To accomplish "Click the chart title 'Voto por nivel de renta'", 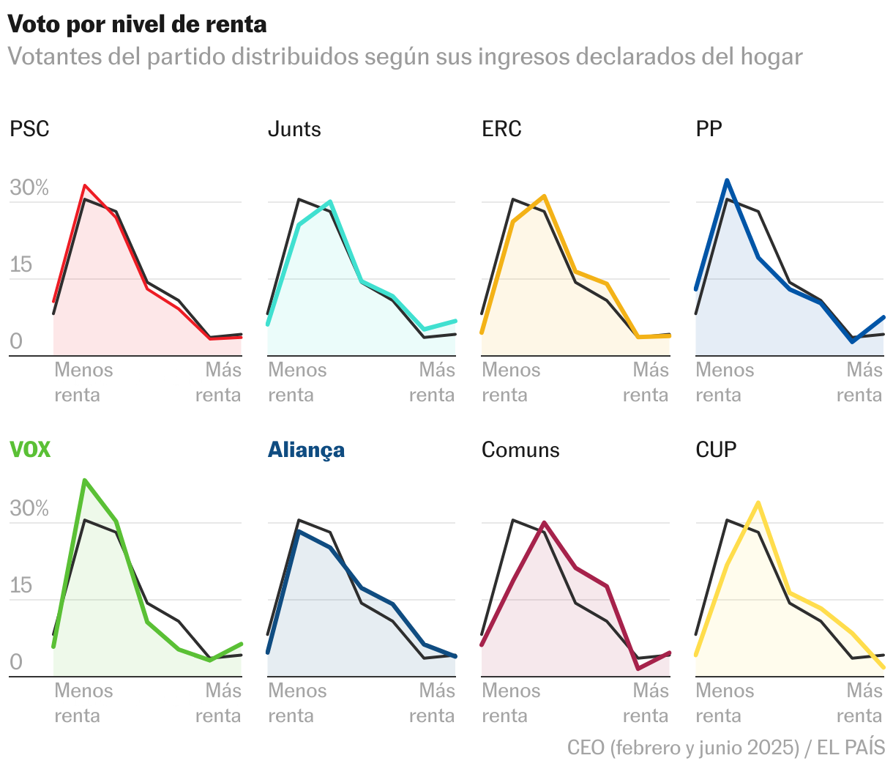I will pyautogui.click(x=137, y=24).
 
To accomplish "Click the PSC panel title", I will pyautogui.click(x=29, y=130).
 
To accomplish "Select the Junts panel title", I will pyautogui.click(x=294, y=130).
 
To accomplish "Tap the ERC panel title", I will pyautogui.click(x=501, y=130).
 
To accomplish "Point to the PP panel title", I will pyautogui.click(x=709, y=130).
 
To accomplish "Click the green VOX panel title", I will pyautogui.click(x=30, y=450).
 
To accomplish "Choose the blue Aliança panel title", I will pyautogui.click(x=306, y=450).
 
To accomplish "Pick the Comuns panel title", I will pyautogui.click(x=520, y=450).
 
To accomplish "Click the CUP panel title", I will pyautogui.click(x=716, y=450).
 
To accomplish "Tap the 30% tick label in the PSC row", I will pyautogui.click(x=29, y=188).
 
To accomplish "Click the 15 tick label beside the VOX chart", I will pyautogui.click(x=21, y=586).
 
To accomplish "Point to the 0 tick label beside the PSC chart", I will pyautogui.click(x=16, y=341).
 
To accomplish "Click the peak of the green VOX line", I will pyautogui.click(x=85, y=480).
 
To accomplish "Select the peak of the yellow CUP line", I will pyautogui.click(x=758, y=502).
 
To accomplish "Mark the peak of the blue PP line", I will pyautogui.click(x=727, y=180).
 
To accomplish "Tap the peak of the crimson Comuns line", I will pyautogui.click(x=544, y=522).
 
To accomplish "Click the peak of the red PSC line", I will pyautogui.click(x=85, y=185).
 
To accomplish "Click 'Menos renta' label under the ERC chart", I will pyautogui.click(x=511, y=382).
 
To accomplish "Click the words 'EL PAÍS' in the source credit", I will pyautogui.click(x=851, y=748).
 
